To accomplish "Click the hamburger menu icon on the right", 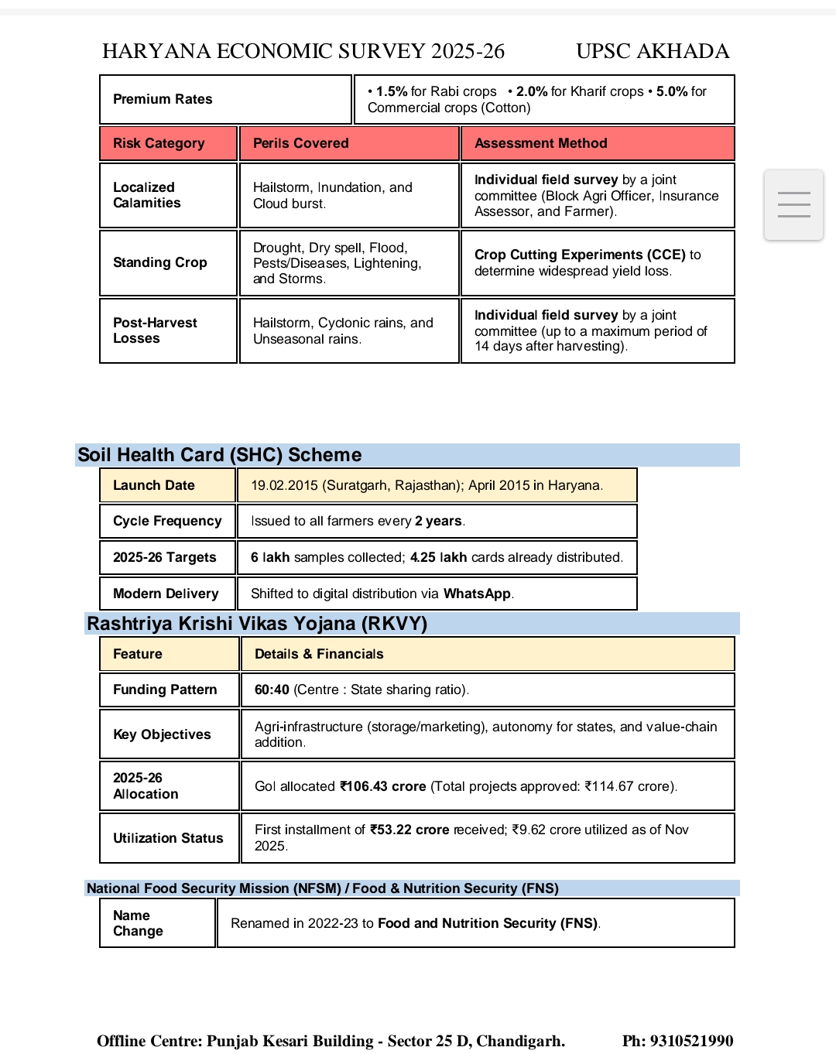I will pyautogui.click(x=793, y=204).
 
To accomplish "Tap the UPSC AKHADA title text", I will pyautogui.click(x=653, y=51).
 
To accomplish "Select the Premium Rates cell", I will pyautogui.click(x=163, y=99).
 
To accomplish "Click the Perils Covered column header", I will pyautogui.click(x=300, y=143).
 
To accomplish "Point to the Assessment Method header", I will pyautogui.click(x=540, y=143).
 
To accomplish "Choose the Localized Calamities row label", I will pyautogui.click(x=146, y=195).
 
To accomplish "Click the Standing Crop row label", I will pyautogui.click(x=159, y=262).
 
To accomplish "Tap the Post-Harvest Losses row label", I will pyautogui.click(x=155, y=330).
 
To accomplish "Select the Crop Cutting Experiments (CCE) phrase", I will pyautogui.click(x=580, y=255).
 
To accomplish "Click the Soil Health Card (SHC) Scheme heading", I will pyautogui.click(x=220, y=455).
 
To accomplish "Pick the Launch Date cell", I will pyautogui.click(x=153, y=485).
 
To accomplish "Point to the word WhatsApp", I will pyautogui.click(x=477, y=594).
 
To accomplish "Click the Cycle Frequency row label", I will pyautogui.click(x=166, y=521).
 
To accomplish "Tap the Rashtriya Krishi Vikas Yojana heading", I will pyautogui.click(x=257, y=624).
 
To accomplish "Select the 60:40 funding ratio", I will pyautogui.click(x=272, y=690).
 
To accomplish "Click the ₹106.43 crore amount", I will pyautogui.click(x=383, y=786).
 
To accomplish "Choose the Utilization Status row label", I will pyautogui.click(x=167, y=838).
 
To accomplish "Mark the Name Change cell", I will pyautogui.click(x=138, y=923).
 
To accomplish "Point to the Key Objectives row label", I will pyautogui.click(x=161, y=734).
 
